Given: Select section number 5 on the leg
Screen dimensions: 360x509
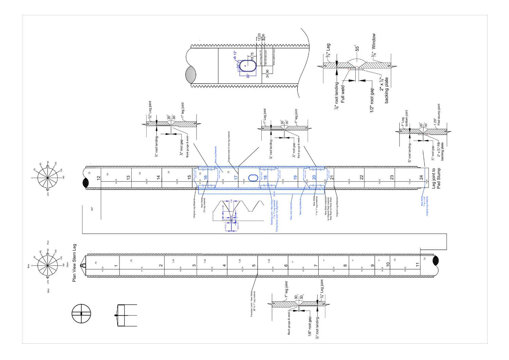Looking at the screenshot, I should (x=254, y=266).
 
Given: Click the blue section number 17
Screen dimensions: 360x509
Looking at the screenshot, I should (x=236, y=177).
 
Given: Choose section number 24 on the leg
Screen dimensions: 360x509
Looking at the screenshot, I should (x=421, y=177).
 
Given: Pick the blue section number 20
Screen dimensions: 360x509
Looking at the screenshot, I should (x=314, y=177).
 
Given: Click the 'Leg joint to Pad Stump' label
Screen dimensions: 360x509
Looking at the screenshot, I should (x=436, y=178).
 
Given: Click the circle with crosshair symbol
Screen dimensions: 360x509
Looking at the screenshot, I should (x=81, y=313).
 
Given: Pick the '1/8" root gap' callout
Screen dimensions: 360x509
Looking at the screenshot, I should (x=309, y=328).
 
